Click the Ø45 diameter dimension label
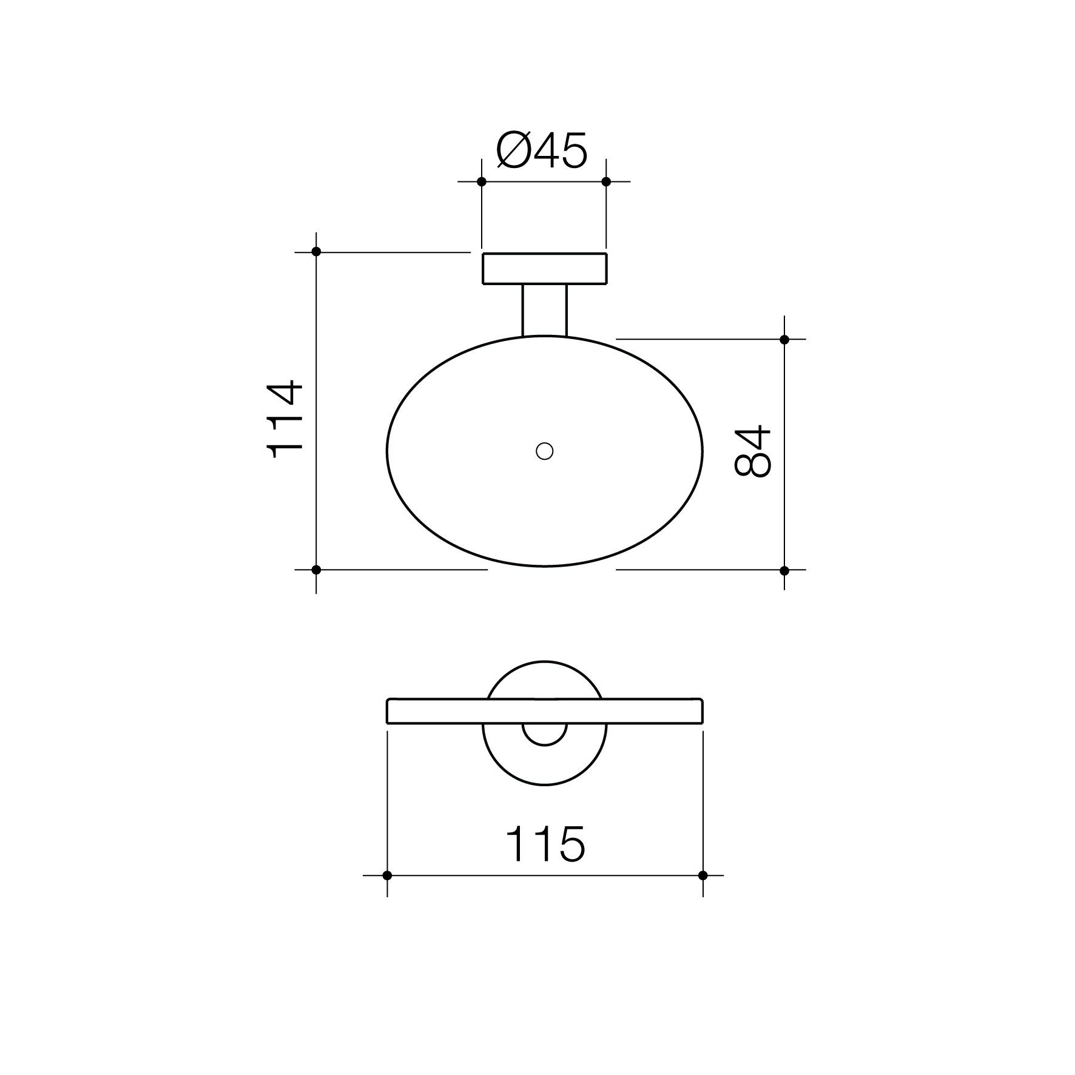pyautogui.click(x=542, y=150)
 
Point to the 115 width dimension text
pyautogui.click(x=545, y=844)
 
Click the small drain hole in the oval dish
pyautogui.click(x=545, y=451)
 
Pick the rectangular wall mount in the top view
pyautogui.click(x=545, y=268)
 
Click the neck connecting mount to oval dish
pyautogui.click(x=544, y=310)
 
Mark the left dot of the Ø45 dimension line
pyautogui.click(x=482, y=181)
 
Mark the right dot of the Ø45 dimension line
pyautogui.click(x=606, y=181)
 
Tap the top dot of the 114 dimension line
pyautogui.click(x=316, y=252)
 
